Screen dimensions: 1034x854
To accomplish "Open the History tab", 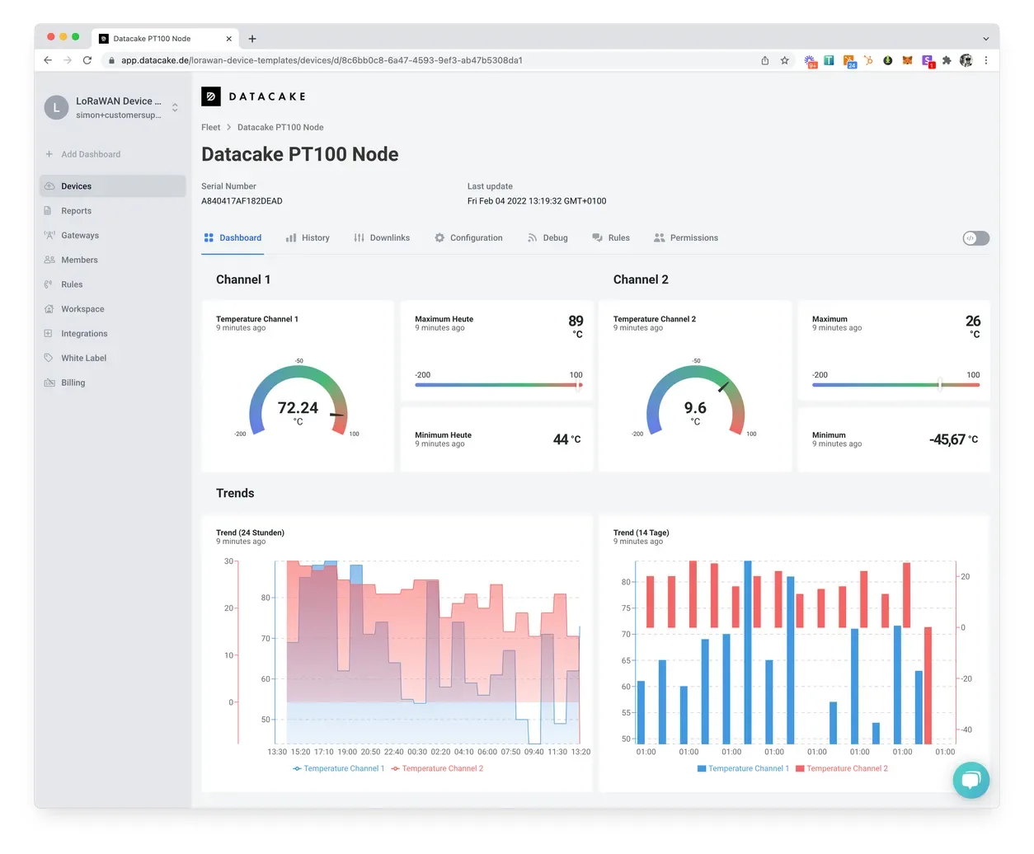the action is click(308, 237).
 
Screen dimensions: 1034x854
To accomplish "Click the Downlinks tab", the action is click(381, 237).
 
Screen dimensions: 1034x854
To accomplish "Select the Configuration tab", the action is click(468, 237).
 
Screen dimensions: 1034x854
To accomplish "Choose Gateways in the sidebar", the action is click(80, 235).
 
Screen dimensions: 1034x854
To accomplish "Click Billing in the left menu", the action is click(73, 382).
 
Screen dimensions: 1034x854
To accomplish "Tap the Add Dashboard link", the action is click(91, 154).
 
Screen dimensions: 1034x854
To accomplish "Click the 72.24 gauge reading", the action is click(298, 407).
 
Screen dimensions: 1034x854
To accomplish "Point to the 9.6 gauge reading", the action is click(695, 407).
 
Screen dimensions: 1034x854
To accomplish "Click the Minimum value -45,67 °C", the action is click(953, 439).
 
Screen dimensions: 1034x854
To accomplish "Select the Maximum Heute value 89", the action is click(576, 321).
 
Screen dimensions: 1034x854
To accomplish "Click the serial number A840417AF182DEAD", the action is click(242, 201).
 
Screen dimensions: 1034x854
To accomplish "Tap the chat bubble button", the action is click(971, 780).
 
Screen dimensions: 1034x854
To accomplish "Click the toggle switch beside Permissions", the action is click(975, 238).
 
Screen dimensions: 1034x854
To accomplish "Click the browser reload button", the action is click(87, 60).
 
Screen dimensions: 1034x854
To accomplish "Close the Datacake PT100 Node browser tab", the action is click(228, 39).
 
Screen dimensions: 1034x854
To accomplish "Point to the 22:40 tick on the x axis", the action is click(393, 752).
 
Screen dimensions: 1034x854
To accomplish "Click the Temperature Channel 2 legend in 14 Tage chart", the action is click(841, 768).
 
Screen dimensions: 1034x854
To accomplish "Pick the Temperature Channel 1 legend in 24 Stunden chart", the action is click(339, 768).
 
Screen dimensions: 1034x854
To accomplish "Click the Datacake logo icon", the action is click(211, 96).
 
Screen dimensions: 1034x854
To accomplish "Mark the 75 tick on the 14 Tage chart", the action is click(626, 608).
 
